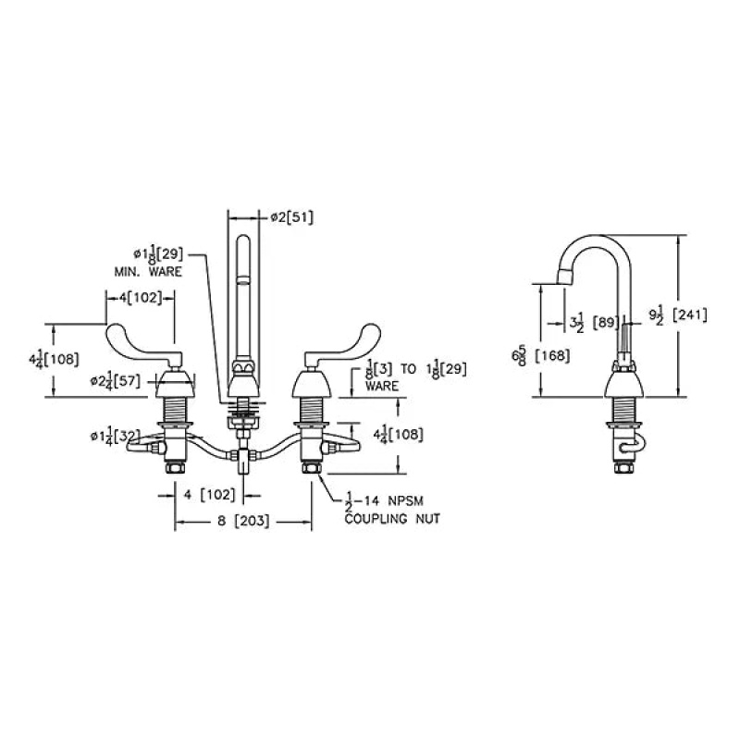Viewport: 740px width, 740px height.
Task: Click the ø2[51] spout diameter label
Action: (x=291, y=217)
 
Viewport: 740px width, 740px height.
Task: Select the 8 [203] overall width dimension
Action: (x=243, y=522)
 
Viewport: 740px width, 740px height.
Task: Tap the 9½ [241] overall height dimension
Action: (x=678, y=315)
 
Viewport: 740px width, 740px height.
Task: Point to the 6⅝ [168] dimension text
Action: (x=540, y=356)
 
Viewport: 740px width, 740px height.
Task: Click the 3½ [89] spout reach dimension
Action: (x=594, y=323)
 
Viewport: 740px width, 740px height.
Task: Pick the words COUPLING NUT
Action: (x=392, y=519)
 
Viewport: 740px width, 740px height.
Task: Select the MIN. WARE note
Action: (x=148, y=272)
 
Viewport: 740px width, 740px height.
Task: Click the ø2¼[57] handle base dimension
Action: (x=116, y=381)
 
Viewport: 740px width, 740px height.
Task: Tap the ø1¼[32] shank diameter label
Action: (x=116, y=436)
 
